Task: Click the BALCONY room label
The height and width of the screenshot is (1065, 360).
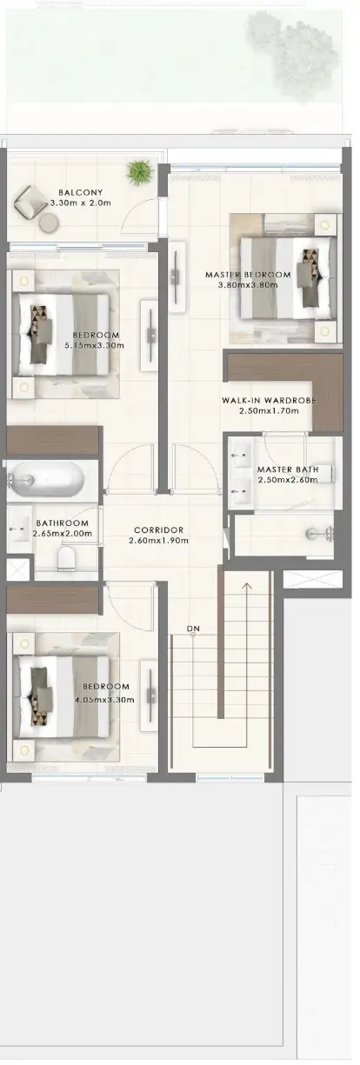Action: click(80, 192)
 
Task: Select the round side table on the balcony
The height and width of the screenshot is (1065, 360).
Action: click(48, 222)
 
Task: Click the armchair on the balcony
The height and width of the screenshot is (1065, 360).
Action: click(30, 202)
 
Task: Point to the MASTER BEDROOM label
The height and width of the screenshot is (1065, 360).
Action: click(248, 275)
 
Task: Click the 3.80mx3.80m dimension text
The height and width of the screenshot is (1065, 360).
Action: click(248, 285)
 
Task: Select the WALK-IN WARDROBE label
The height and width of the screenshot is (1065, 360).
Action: click(269, 400)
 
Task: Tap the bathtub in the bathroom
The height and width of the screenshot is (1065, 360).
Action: click(47, 479)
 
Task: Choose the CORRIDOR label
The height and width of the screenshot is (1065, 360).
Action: click(158, 529)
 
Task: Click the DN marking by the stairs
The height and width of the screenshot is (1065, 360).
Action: click(193, 629)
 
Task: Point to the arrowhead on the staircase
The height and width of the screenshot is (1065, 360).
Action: click(246, 585)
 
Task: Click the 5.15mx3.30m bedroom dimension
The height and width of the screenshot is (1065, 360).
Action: click(94, 345)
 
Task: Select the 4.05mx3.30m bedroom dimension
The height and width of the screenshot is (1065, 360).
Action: click(104, 699)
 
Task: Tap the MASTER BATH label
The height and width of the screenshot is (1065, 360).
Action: click(288, 469)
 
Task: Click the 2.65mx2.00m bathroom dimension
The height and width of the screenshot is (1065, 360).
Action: click(63, 533)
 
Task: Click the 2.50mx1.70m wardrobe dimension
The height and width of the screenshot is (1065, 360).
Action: click(269, 410)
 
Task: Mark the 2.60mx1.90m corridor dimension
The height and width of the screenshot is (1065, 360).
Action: click(158, 540)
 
